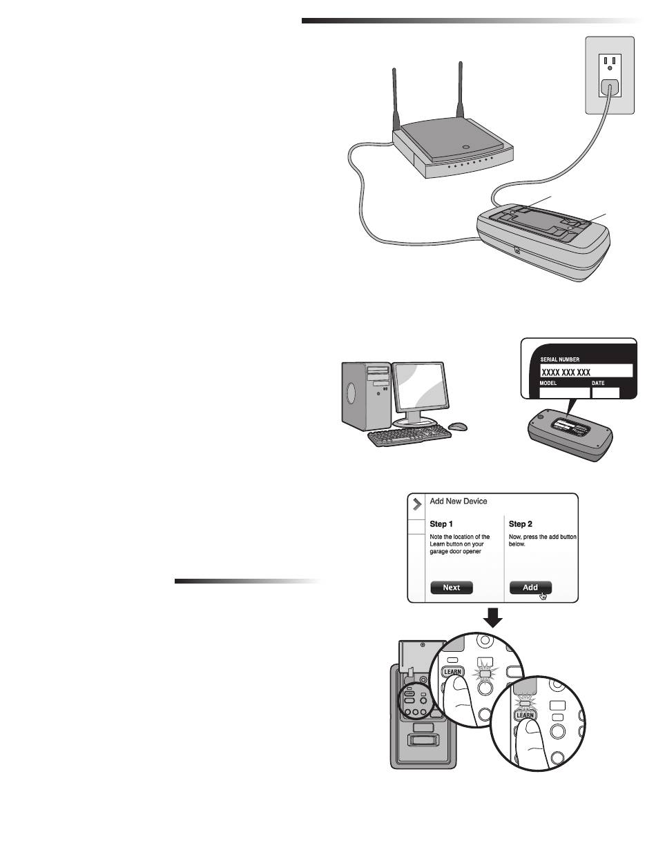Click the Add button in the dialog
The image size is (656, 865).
click(x=530, y=588)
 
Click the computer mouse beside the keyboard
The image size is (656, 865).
click(x=456, y=427)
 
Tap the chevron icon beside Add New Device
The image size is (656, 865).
click(x=416, y=504)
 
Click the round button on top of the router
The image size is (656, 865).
click(x=467, y=146)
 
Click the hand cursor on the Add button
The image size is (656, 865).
click(x=543, y=595)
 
